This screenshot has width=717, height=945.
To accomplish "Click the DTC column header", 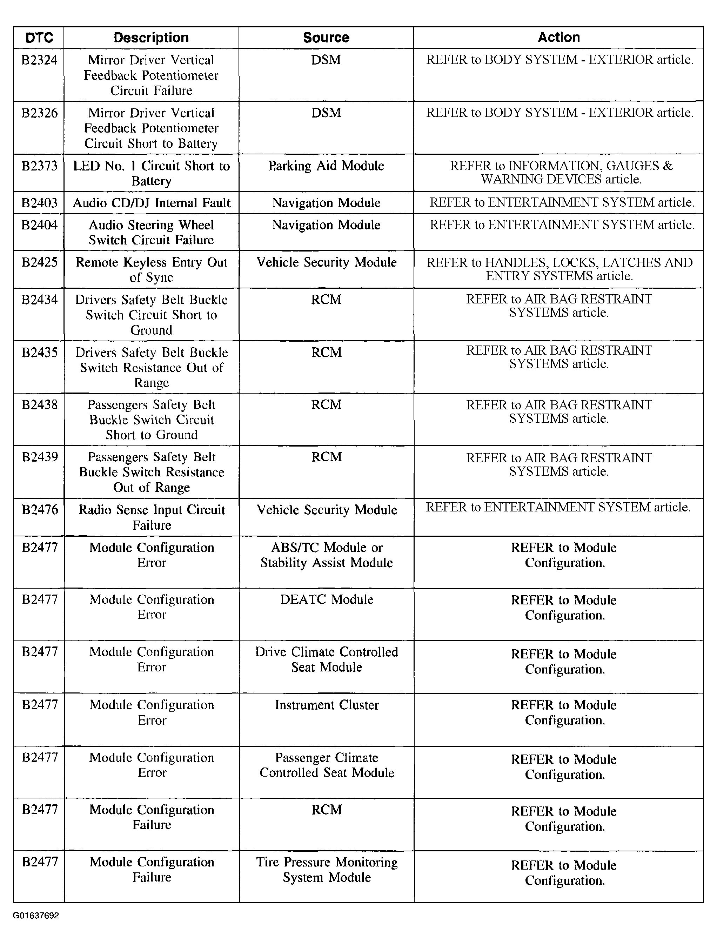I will pos(39,38).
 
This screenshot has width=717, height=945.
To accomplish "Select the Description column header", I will pos(151,38).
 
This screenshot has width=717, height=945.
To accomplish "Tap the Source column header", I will pos(326,38).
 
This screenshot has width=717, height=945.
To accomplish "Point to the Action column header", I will pos(558,37).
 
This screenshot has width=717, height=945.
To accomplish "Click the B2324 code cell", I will pos(39,60).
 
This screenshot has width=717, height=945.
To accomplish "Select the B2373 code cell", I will pos(39,166).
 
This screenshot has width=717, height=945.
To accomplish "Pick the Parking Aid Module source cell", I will pos(326,166).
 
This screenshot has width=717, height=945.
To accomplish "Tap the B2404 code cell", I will pos(39,225).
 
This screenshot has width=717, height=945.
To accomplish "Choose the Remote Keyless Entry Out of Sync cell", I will pos(151,269).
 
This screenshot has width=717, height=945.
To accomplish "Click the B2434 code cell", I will pos(39,300).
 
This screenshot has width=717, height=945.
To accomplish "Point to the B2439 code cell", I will pos(39,457).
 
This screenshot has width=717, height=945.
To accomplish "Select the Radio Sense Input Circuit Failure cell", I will pos(151,517).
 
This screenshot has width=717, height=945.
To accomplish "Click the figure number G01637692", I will pos(35,916).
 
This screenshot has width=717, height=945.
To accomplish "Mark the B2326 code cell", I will pos(39,113).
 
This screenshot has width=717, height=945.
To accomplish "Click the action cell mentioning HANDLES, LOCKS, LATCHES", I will pos(559,269).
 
